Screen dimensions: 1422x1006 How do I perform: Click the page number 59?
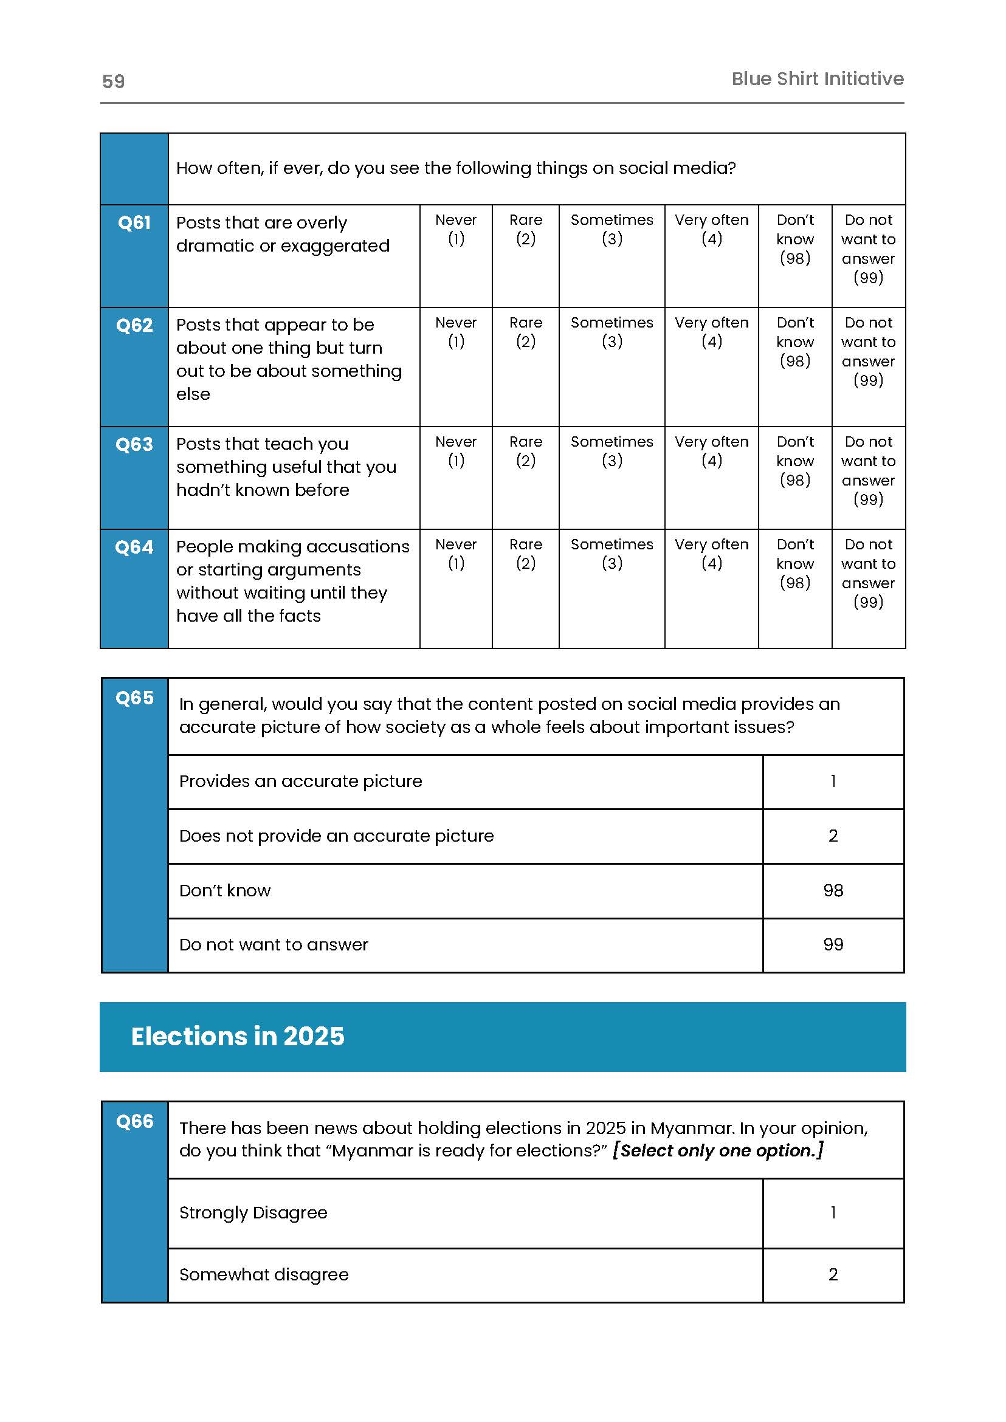tap(113, 81)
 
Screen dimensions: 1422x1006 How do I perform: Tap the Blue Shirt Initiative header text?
tap(817, 78)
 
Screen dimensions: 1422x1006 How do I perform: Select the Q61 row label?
tap(134, 222)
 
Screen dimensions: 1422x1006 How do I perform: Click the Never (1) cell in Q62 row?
tap(456, 332)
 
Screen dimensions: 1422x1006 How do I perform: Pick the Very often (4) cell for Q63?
tap(711, 451)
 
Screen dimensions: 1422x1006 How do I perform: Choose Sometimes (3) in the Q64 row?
tap(612, 554)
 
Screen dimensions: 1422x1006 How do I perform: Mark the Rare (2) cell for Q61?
tap(525, 229)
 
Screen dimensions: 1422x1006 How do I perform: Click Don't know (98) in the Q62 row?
tap(794, 342)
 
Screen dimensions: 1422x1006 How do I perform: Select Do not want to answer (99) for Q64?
tap(868, 573)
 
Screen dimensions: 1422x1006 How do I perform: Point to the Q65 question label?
tap(134, 698)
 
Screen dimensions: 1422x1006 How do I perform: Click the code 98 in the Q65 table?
tap(833, 891)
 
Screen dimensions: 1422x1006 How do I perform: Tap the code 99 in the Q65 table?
tap(833, 944)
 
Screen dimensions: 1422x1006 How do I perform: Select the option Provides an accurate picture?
tap(300, 781)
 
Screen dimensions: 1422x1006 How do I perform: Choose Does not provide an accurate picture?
tap(336, 836)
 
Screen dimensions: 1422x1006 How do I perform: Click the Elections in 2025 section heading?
tap(237, 1037)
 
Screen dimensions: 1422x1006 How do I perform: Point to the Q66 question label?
tap(134, 1122)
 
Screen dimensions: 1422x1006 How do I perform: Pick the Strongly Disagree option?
tap(253, 1213)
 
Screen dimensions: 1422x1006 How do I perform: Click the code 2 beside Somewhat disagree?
tap(833, 1274)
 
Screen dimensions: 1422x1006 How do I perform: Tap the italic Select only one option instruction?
tap(718, 1151)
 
